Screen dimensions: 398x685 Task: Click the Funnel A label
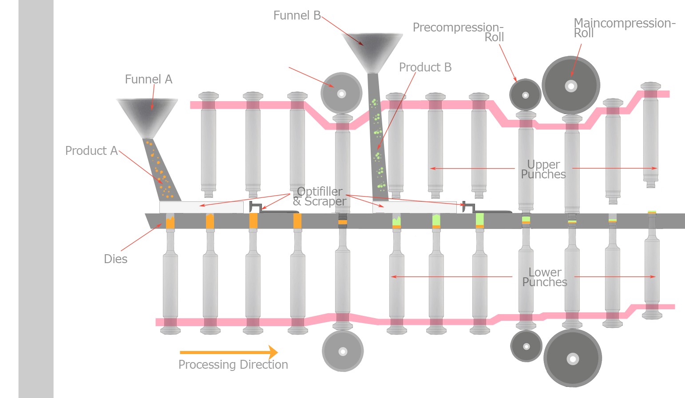point(148,79)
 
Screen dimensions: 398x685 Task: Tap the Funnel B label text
point(297,16)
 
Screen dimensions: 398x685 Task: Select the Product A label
point(91,151)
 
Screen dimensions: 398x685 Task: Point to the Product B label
point(425,67)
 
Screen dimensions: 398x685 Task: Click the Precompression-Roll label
point(459,32)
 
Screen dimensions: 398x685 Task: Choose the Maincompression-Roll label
point(624,28)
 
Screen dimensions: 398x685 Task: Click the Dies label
point(115,259)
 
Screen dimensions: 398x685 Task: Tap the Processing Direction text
point(233,365)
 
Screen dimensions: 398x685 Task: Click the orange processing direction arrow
point(229,352)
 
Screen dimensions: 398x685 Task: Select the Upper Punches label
point(543,169)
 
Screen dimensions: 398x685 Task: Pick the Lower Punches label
point(545,277)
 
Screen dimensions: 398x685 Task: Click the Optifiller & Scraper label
point(319,197)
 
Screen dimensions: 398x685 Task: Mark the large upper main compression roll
point(571,85)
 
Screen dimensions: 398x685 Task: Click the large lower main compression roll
point(573,358)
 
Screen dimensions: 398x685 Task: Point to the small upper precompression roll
point(525,95)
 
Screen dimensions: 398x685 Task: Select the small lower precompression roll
point(527,346)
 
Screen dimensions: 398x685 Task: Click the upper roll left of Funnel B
point(341,93)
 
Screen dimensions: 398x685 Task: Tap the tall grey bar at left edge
point(36,199)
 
